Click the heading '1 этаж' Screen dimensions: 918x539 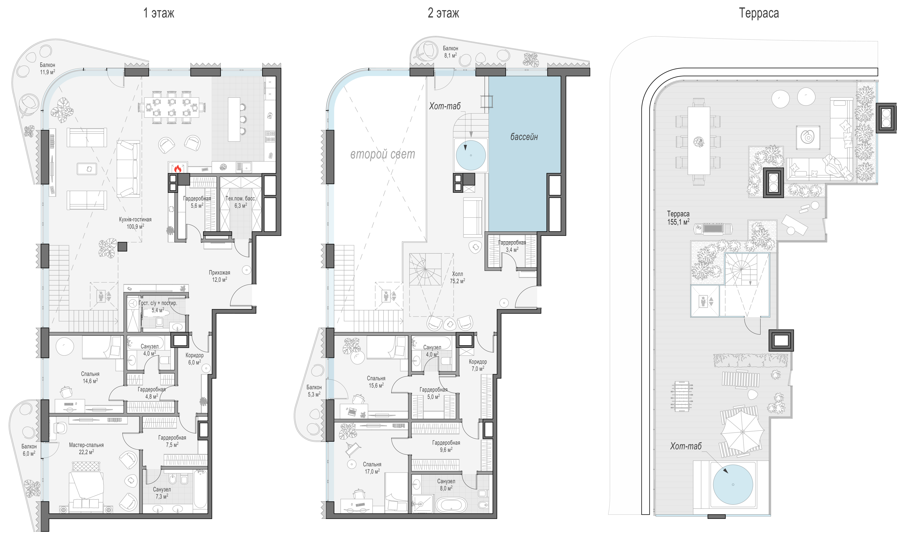[x=159, y=13]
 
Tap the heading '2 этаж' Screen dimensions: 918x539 [x=443, y=13]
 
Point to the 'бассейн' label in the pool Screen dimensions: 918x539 [x=524, y=137]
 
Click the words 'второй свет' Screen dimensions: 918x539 [x=383, y=154]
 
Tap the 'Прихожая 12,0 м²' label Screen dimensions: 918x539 [x=219, y=276]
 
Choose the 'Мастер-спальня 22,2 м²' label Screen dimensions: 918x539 [x=86, y=449]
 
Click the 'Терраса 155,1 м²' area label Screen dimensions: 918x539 [x=678, y=218]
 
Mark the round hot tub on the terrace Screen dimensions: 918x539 [x=733, y=485]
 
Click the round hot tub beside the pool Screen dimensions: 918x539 [x=471, y=155]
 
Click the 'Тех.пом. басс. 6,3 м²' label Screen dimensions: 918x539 [x=241, y=202]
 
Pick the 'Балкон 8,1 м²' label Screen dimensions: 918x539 [x=451, y=52]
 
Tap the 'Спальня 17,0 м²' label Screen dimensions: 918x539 [x=372, y=468]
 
